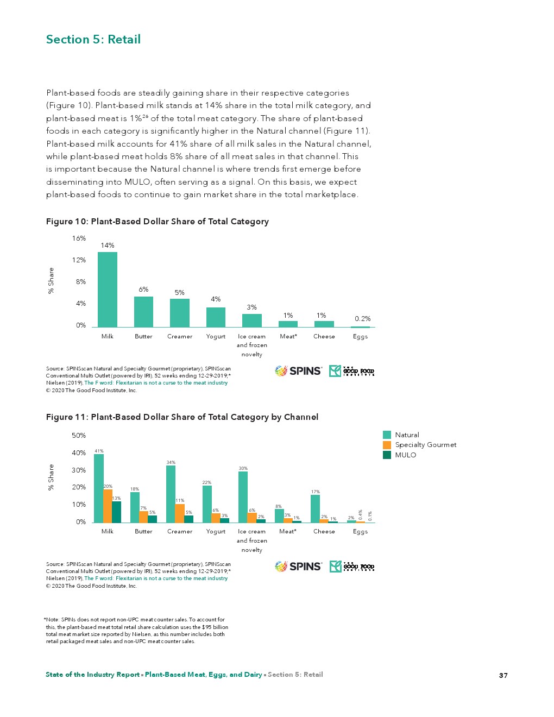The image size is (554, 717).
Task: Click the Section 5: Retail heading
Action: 93,40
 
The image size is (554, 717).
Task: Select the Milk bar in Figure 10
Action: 108,290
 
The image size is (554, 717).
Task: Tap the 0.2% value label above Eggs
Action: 362,319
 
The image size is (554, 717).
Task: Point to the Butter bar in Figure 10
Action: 143,312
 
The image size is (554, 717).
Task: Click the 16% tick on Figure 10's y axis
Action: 79,238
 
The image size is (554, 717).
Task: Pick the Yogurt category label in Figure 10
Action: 216,337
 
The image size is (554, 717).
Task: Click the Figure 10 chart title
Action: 158,222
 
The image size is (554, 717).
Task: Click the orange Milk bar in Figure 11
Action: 108,506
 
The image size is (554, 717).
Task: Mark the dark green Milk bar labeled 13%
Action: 116,512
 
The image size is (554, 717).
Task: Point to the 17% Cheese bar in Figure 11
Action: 315,508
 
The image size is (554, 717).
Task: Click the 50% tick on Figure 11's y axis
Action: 79,436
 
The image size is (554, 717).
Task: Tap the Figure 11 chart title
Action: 182,417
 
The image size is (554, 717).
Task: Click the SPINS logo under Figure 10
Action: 298,371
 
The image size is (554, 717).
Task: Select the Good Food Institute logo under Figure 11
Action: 352,567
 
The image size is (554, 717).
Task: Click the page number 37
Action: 503,675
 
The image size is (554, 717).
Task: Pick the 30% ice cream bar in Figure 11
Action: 243,496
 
